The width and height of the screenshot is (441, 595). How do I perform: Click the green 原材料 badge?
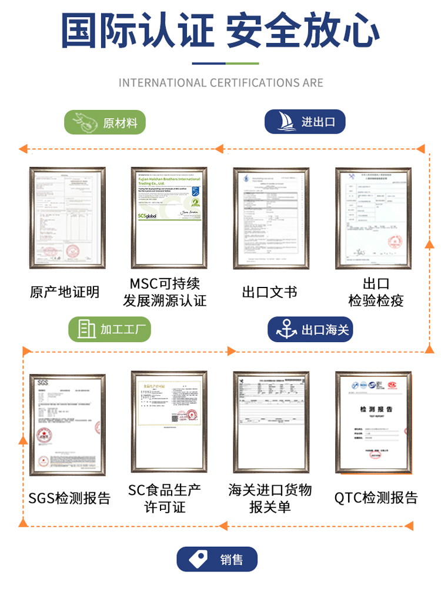coord(105,122)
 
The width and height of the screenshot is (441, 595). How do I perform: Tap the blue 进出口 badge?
coord(305,122)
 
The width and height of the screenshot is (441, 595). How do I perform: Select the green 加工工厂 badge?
coord(109,329)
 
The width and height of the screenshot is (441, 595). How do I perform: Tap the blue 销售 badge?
coord(217,559)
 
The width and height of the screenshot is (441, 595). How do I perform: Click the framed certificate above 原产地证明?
coord(68,218)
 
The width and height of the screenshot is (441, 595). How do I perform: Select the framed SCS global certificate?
coord(169,218)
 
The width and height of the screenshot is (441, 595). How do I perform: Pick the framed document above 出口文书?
coord(271,218)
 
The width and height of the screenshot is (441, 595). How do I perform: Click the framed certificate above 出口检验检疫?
coord(373,218)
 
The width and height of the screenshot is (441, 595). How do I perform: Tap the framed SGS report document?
coord(68,424)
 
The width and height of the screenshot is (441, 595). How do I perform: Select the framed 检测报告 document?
coord(373,423)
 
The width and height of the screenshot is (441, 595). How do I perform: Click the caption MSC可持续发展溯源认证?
coord(165,292)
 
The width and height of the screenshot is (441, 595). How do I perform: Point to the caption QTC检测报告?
coord(376,498)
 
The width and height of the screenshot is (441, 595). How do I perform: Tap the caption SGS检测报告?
coord(69,498)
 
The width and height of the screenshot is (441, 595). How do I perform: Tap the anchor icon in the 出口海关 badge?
coord(286,329)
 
